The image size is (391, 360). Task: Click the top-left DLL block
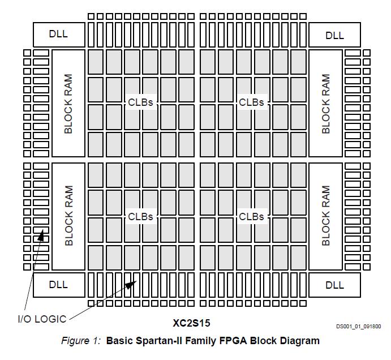58,34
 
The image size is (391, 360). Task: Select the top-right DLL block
334,35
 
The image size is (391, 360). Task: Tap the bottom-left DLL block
58,284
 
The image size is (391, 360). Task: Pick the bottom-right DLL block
334,284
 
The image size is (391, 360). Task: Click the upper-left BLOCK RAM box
68,103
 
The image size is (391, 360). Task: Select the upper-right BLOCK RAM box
325,103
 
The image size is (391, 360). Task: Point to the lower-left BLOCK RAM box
68,216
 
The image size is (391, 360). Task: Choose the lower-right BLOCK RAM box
325,216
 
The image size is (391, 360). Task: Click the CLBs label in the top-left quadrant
141,102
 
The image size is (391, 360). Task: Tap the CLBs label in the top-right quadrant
252,102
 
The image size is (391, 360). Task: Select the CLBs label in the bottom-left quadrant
141,216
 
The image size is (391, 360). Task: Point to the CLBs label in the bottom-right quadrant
252,216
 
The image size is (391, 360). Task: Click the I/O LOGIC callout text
41,319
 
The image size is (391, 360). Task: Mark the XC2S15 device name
191,324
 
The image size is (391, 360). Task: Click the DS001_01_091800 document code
359,326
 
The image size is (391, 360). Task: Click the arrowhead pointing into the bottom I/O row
130,284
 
